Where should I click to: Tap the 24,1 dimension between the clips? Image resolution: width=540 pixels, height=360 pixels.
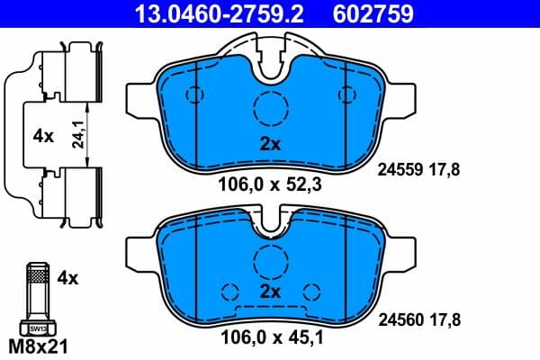tap(82, 135)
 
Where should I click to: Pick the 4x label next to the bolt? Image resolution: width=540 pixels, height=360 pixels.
tap(67, 278)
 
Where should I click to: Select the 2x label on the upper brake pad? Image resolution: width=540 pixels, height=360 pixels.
tap(271, 144)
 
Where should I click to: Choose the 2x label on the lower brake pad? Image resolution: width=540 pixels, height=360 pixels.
tap(271, 292)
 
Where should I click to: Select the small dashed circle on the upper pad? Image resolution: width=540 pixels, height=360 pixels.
tap(192, 95)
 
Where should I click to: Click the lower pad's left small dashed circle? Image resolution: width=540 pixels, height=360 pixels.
tap(229, 292)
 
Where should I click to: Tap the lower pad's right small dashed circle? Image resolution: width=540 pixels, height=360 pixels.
tap(312, 292)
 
